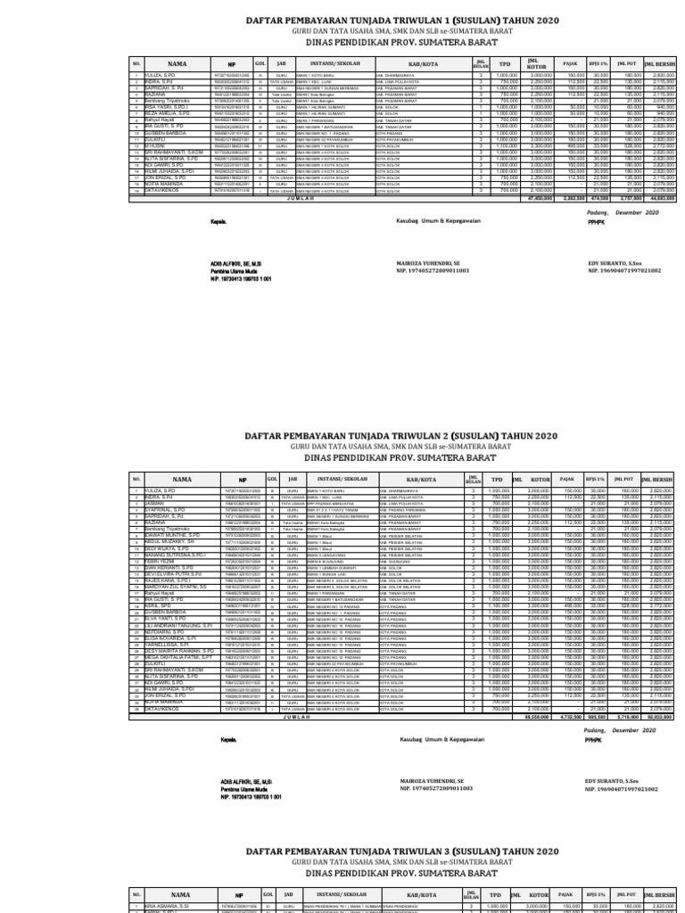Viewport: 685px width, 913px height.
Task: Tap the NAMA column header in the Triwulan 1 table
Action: click(177, 64)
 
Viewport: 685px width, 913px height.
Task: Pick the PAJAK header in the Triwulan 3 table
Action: click(564, 893)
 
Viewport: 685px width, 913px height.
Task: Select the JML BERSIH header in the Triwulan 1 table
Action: click(660, 64)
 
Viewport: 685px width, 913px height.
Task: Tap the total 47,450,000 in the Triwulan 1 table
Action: click(508, 198)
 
